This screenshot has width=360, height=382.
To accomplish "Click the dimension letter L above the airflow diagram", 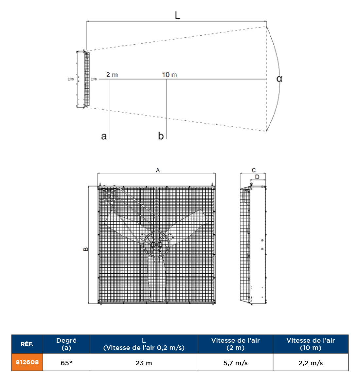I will tap(177, 15).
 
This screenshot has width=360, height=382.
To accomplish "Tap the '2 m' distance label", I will tap(112, 75).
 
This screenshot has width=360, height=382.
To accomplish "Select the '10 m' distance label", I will tap(169, 75).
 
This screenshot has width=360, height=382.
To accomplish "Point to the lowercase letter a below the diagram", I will tap(104, 136).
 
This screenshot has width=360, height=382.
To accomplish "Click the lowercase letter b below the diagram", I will tap(161, 136).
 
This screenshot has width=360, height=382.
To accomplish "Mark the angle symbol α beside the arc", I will tap(279, 79).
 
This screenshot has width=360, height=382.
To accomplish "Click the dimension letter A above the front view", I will tap(158, 170).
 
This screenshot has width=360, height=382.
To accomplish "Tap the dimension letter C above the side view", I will tap(254, 170).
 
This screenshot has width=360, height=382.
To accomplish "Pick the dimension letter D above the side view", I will tap(257, 177).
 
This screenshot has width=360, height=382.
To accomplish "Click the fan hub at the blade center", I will tap(156, 245).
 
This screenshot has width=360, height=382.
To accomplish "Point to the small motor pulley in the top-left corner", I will tap(109, 196).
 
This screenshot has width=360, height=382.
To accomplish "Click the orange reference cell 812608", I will tap(27, 362).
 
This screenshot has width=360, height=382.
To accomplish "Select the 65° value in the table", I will tap(66, 363).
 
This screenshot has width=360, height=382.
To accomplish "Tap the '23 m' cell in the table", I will tap(144, 363).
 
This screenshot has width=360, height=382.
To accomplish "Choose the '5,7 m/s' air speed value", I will tap(235, 363).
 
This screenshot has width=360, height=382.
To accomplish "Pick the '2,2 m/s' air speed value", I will tap(311, 363).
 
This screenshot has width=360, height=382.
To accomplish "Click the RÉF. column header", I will tap(27, 344).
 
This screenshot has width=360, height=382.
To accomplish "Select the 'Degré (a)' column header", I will tap(66, 344).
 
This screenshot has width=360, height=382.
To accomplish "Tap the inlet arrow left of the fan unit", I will tap(70, 79).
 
